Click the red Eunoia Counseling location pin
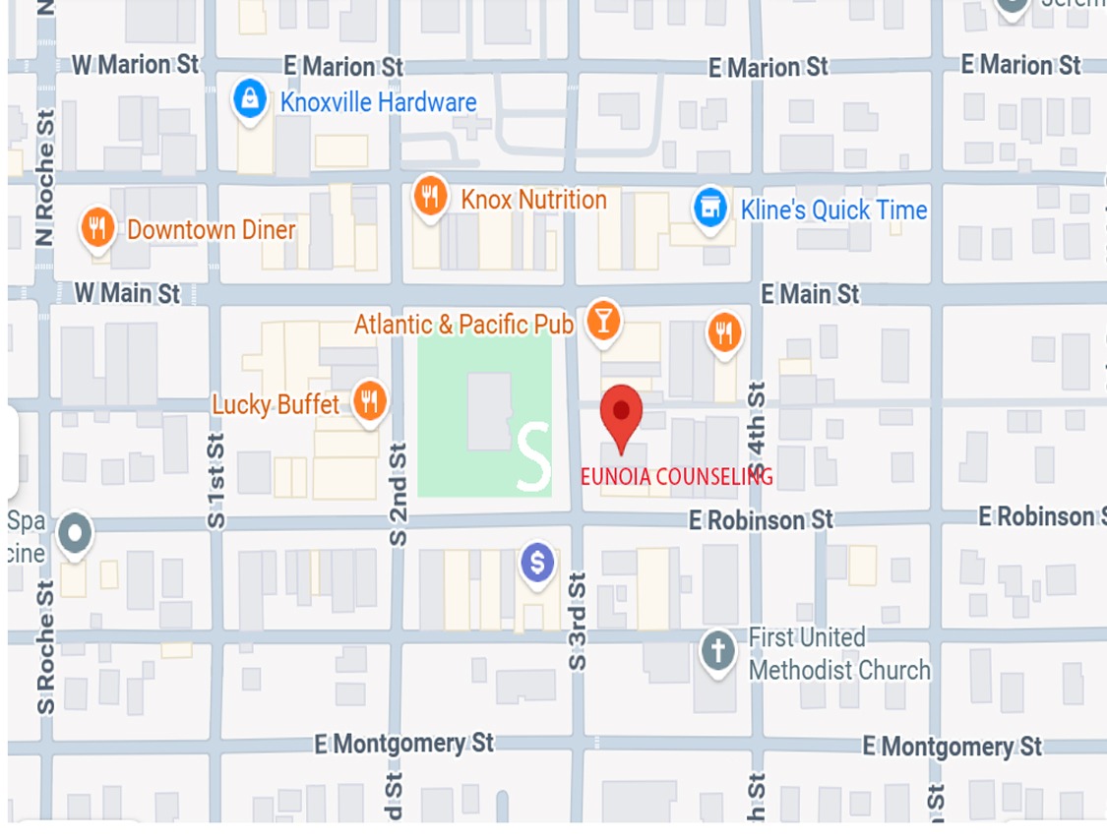coord(621,415)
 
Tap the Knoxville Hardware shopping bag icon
coord(250,99)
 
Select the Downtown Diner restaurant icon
coord(95,228)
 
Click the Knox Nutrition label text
coord(533,200)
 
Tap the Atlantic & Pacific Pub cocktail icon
coord(602,322)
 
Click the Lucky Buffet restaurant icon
coord(369,400)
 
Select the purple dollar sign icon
coord(536,564)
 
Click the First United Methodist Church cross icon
coord(717,651)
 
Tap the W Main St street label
coord(128,293)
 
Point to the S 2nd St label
coord(398,494)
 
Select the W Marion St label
coord(135,65)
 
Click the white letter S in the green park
coord(532,456)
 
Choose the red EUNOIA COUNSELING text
coord(676,477)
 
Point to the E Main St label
coord(810,293)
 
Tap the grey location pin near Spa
coord(75,534)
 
